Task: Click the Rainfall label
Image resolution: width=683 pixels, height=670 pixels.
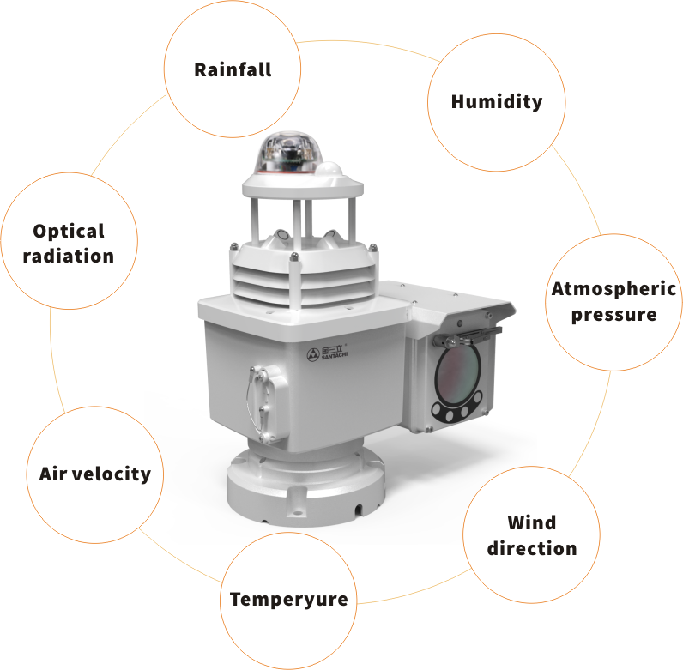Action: coord(233,69)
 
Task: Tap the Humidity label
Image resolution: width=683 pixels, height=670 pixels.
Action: coord(497,102)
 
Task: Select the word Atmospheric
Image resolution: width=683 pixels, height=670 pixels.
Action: coord(613,289)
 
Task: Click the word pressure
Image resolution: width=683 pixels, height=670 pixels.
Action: coord(613,314)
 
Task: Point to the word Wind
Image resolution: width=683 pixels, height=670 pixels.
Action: coord(531,522)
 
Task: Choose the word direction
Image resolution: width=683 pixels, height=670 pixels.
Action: coord(532,548)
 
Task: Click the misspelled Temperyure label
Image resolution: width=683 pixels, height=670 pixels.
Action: coord(289,600)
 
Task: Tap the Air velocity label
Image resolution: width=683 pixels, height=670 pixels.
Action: coord(95,474)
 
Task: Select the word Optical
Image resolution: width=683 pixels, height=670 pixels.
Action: coord(69,231)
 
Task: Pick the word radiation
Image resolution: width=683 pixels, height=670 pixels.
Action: coord(69,257)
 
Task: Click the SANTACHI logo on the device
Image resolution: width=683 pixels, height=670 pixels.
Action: coord(328,353)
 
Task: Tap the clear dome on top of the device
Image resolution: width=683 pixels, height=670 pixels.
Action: coord(289,151)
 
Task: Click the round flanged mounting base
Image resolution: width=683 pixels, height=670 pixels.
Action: coord(305,487)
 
